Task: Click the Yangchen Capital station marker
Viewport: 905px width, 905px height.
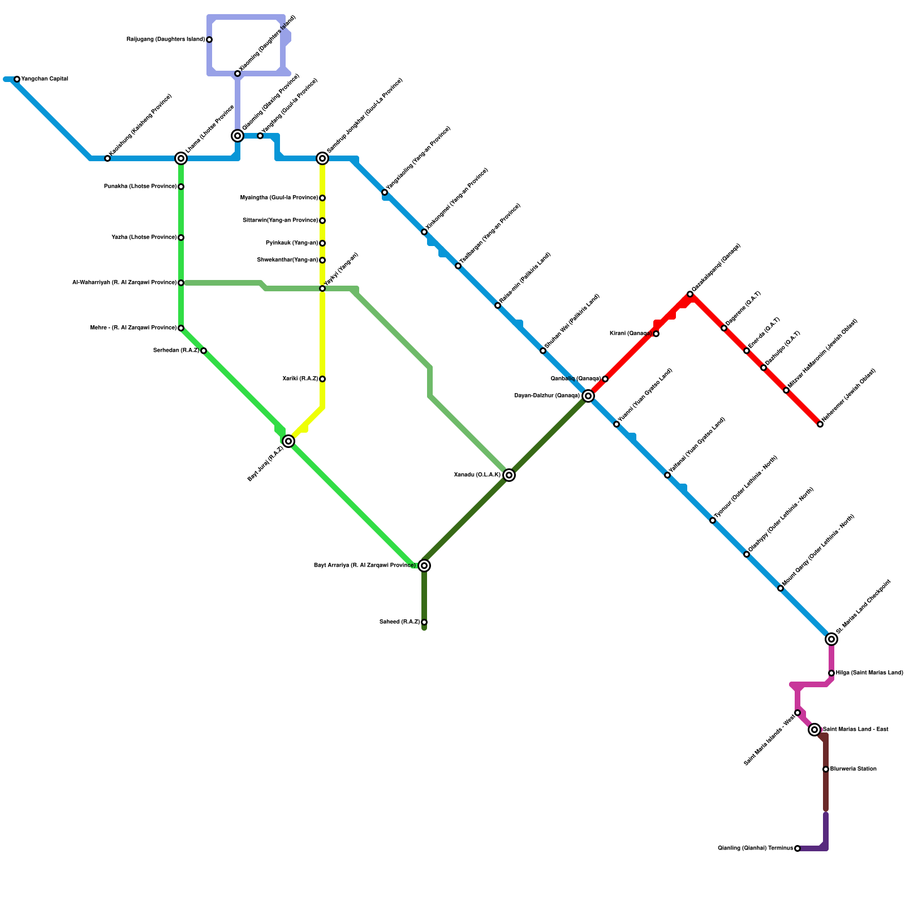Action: pos(17,79)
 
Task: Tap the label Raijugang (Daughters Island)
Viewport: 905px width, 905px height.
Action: pos(166,40)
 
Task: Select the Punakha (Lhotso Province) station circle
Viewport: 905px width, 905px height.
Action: pos(181,187)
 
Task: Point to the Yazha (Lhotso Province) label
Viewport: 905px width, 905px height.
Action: pos(144,238)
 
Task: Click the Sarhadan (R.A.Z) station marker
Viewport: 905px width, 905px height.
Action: pos(204,351)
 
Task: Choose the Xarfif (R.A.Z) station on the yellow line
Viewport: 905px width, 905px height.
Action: pos(322,379)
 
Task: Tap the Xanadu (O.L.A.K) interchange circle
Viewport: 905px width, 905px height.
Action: pos(509,475)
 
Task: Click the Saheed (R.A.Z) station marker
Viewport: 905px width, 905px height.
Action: pos(424,622)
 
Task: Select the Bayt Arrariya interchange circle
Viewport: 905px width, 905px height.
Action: pos(424,566)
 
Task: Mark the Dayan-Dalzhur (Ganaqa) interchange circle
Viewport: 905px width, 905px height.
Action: pos(588,396)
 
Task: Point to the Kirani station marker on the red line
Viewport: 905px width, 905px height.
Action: pos(656,334)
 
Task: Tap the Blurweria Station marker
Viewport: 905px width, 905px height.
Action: pos(826,769)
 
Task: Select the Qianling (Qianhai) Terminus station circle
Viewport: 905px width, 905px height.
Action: pos(798,848)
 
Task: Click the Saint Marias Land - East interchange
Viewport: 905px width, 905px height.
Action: pos(815,730)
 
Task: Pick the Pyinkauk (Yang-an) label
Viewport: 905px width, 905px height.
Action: pos(292,243)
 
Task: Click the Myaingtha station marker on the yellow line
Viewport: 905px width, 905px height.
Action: pos(322,198)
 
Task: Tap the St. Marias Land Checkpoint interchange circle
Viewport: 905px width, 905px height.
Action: pos(831,639)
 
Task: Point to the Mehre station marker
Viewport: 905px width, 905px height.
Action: pos(181,328)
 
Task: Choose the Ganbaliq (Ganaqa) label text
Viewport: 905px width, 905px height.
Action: pos(575,379)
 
